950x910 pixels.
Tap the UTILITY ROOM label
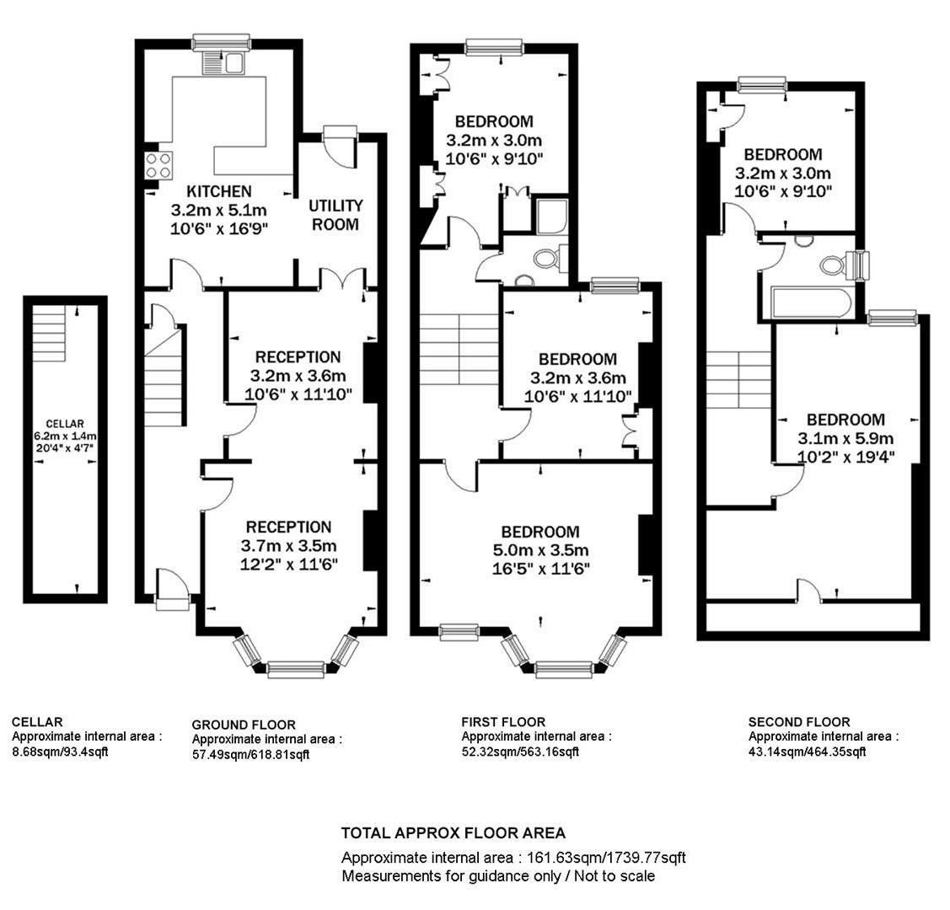tap(335, 215)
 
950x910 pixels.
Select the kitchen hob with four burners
tap(157, 165)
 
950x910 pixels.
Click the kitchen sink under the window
tap(223, 63)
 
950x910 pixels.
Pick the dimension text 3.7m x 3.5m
tap(288, 546)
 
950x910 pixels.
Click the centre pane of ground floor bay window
tap(296, 670)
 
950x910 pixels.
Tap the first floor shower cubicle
tap(552, 217)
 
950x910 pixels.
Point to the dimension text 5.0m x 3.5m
tap(540, 550)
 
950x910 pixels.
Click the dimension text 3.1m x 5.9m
tap(845, 438)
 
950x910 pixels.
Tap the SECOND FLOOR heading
tap(798, 721)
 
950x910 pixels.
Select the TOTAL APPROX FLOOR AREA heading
tap(453, 833)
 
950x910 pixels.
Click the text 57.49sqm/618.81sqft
tap(250, 755)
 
